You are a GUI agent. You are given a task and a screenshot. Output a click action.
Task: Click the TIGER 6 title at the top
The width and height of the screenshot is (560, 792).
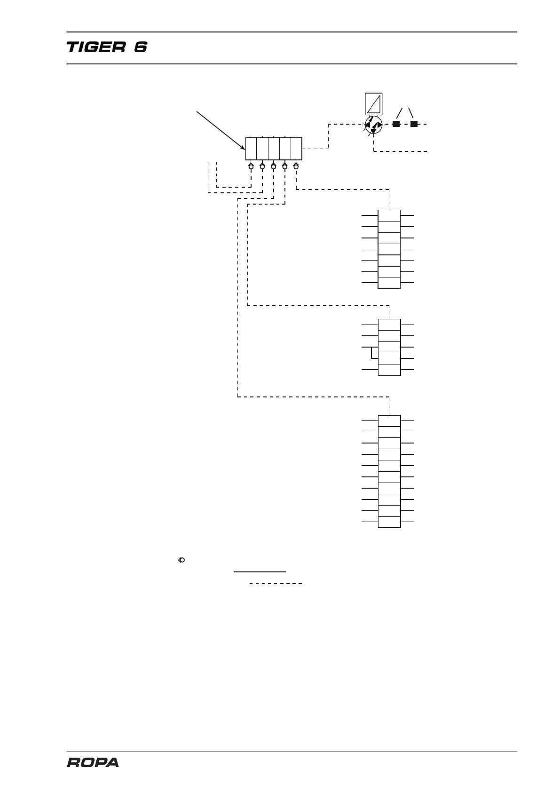coord(107,48)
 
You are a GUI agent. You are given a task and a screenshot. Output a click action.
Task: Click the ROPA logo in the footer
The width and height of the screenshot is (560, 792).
coord(93,762)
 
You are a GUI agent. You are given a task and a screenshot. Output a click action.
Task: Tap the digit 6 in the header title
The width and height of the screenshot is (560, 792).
coord(140,48)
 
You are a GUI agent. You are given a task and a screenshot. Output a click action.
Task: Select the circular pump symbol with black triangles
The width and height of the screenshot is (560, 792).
coord(373,125)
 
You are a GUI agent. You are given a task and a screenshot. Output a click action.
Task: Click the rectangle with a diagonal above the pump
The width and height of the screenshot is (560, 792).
coord(373,104)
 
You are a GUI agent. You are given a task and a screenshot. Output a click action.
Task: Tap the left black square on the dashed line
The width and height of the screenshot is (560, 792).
coord(396,124)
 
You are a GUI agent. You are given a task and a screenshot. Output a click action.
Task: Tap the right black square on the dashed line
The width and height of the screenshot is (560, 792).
coord(414,124)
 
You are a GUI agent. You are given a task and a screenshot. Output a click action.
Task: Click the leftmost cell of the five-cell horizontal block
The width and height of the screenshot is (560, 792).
coord(251,149)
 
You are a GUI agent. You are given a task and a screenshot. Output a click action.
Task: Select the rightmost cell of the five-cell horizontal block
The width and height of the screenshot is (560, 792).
coord(296,149)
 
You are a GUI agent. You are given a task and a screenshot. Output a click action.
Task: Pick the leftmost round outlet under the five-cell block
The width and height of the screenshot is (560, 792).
coord(251,166)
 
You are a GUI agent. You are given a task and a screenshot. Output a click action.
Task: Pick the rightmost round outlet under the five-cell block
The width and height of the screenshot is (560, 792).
coord(296,166)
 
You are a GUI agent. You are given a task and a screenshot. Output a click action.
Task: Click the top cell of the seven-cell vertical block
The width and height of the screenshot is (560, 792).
coord(389,216)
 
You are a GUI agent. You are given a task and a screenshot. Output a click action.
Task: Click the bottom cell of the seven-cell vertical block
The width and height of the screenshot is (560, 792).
coord(389,283)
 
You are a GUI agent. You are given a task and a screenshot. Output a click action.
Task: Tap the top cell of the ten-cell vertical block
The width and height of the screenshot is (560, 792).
coord(389,421)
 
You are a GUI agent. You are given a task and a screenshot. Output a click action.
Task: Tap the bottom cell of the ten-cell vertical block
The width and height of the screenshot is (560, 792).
coord(389,522)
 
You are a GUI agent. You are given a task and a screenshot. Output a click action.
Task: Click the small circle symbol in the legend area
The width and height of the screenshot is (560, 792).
coord(182,560)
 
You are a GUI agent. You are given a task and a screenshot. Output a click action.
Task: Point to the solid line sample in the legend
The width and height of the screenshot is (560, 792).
coord(260,571)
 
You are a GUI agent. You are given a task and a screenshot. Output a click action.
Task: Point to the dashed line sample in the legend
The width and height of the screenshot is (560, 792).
coord(276,584)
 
